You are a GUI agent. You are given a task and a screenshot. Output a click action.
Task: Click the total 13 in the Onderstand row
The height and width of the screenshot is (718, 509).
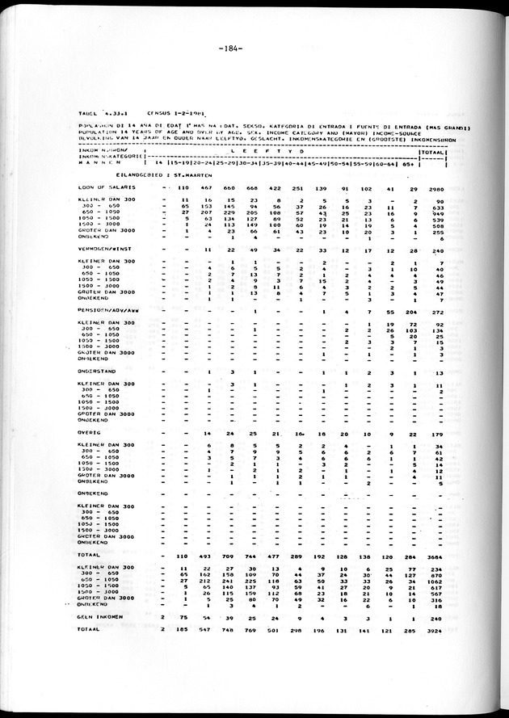[439, 372]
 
